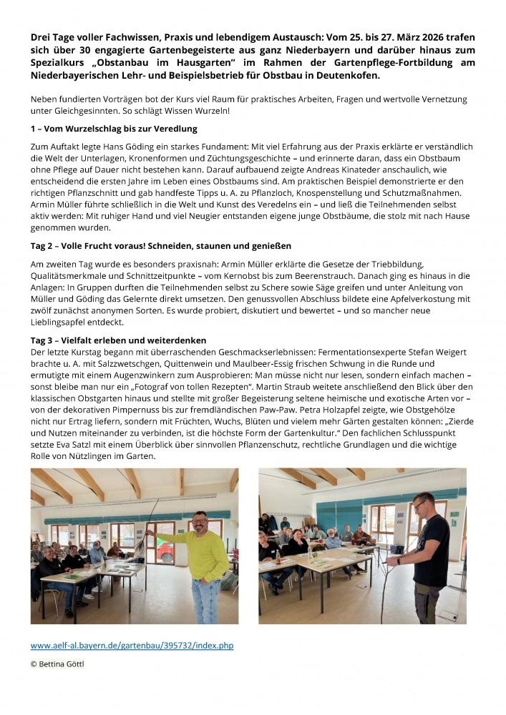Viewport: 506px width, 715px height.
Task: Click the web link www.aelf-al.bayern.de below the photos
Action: click(x=132, y=646)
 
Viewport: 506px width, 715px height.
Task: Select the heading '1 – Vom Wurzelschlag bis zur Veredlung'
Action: click(x=114, y=129)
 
